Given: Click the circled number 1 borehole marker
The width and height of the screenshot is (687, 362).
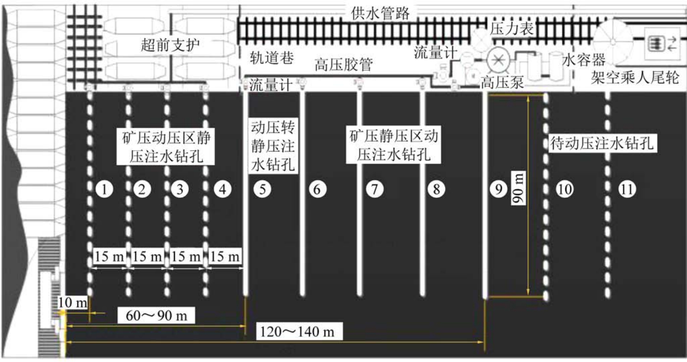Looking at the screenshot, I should tap(104, 189).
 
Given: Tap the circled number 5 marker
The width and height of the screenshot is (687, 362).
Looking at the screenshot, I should tap(262, 189).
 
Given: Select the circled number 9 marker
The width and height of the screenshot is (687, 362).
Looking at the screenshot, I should tap(498, 189).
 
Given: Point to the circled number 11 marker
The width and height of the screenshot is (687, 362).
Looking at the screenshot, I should tap(627, 189).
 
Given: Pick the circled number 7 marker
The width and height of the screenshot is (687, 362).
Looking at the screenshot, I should tap(374, 189).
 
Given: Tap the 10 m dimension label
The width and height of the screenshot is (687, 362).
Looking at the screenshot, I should tap(72, 303).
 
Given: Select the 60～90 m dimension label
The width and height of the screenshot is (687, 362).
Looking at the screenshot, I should tap(156, 316).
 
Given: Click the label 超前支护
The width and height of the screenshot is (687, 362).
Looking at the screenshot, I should tap(170, 45).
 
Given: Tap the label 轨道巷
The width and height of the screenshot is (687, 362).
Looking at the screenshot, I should tap(271, 58).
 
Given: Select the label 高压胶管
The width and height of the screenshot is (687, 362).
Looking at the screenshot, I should tap(343, 65).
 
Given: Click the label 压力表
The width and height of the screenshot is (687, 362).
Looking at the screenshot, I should tap(512, 29).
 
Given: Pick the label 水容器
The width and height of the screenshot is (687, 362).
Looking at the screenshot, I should tap(584, 60).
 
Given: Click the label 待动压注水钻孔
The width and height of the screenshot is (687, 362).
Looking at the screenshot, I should tap(602, 144).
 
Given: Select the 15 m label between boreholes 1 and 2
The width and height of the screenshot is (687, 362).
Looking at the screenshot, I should tap(109, 257).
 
